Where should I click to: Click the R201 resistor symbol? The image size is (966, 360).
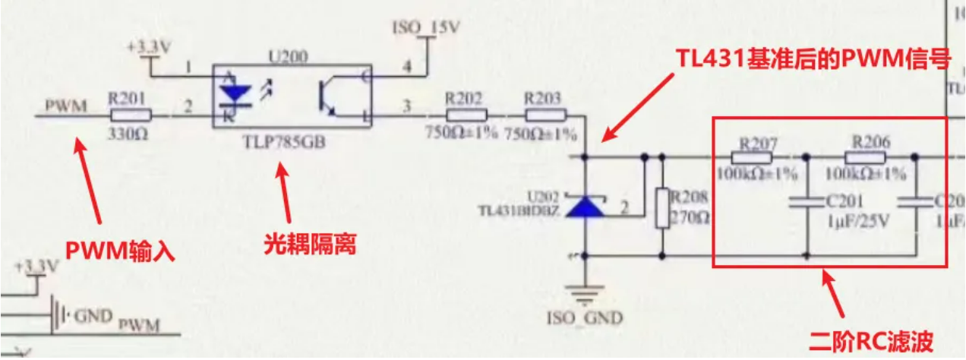click(x=131, y=115)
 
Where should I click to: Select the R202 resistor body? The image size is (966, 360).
click(x=465, y=115)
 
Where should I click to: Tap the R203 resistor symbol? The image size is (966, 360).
click(x=545, y=115)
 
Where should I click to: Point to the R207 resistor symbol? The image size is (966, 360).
click(x=752, y=158)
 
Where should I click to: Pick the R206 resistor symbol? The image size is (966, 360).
click(x=866, y=158)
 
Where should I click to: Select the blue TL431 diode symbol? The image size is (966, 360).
click(x=586, y=206)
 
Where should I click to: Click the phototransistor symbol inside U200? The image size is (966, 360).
click(x=329, y=96)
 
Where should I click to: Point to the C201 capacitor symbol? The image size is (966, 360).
click(x=806, y=202)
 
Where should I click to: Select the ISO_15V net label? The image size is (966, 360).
click(x=425, y=29)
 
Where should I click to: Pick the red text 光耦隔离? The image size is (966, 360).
click(x=310, y=245)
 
